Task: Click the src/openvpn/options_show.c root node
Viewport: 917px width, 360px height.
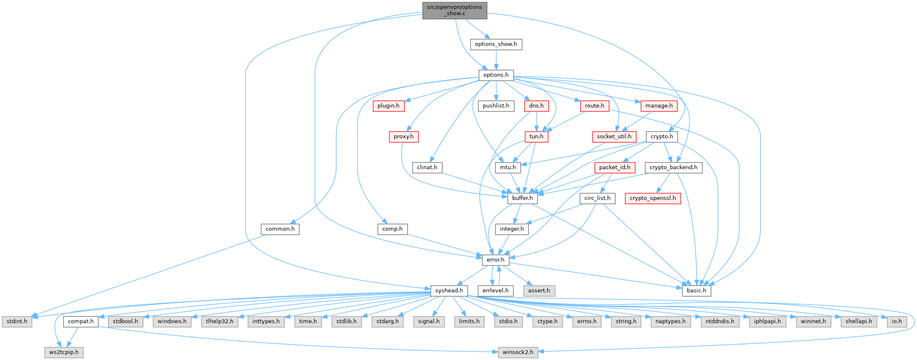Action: point(455,11)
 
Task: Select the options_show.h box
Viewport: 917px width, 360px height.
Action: point(496,44)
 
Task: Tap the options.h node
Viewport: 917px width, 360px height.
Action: point(496,75)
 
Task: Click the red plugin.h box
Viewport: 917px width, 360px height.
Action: point(388,106)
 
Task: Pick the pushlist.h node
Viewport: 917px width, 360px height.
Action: point(496,106)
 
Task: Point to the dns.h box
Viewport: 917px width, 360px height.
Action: point(536,106)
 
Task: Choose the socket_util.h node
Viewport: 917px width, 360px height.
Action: point(614,137)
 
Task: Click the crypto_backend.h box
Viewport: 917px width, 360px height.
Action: point(673,167)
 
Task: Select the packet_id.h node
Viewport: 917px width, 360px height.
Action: point(615,167)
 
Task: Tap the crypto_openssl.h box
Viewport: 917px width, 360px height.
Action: point(653,198)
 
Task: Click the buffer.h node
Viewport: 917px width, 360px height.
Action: point(522,198)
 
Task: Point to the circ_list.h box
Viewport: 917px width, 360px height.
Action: point(597,198)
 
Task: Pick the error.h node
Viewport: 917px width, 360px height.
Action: point(495,260)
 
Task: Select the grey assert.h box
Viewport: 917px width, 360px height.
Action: point(539,291)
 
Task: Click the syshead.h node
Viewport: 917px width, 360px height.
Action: point(449,291)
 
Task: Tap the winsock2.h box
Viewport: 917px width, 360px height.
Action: point(518,352)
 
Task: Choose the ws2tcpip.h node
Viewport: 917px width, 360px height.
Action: point(64,352)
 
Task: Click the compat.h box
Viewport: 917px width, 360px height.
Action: point(81,322)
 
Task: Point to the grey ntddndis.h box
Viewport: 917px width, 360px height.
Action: point(720,322)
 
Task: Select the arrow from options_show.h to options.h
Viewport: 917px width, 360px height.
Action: point(496,60)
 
